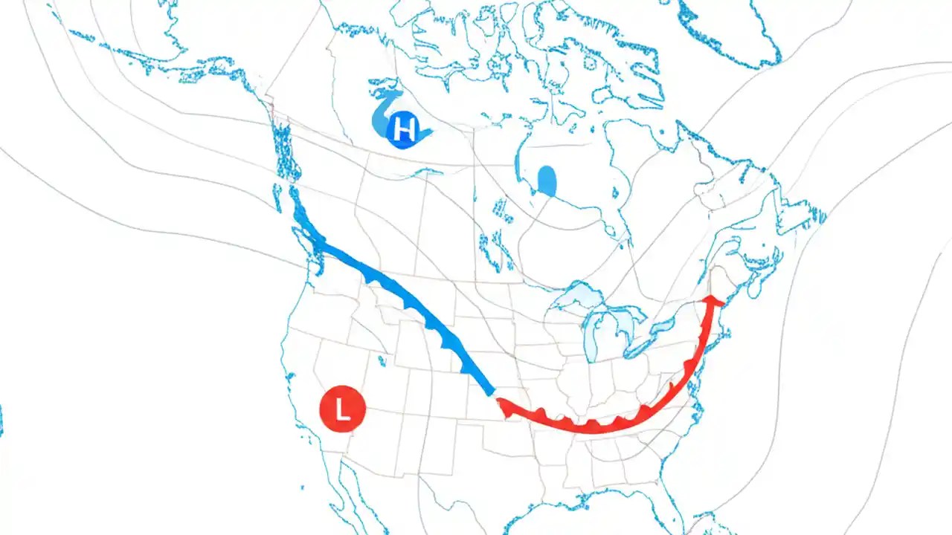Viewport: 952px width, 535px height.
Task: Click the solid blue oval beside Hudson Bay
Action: [547, 181]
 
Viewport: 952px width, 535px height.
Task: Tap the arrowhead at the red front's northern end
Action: [714, 299]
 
